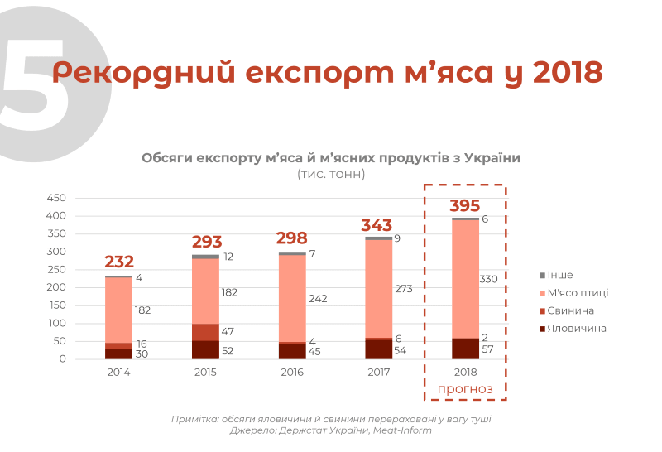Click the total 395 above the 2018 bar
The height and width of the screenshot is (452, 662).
[x=464, y=206]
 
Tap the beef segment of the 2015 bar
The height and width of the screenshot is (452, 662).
[x=205, y=349]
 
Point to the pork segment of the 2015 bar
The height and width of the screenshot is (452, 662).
[x=205, y=332]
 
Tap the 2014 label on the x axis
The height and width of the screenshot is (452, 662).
[x=118, y=372]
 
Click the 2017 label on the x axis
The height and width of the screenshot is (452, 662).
[x=378, y=372]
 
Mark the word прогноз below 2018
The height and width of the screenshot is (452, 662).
[x=464, y=388]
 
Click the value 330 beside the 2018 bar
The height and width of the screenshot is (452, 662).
[x=488, y=279]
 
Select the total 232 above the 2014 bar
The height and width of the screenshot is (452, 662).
[x=119, y=262]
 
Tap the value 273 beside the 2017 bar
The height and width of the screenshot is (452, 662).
[x=402, y=289]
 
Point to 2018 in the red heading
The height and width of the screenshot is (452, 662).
[x=567, y=73]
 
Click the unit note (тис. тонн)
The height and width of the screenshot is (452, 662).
[x=330, y=174]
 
